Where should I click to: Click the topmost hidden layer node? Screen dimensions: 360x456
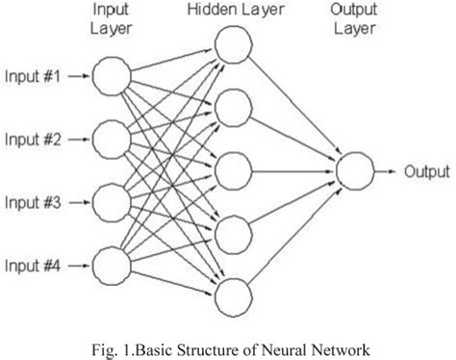click(232, 45)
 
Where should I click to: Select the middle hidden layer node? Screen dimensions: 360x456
click(232, 170)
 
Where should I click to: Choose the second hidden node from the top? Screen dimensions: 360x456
click(232, 108)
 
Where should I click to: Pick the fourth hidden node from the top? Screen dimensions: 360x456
click(232, 233)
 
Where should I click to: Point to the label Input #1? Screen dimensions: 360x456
click(35, 76)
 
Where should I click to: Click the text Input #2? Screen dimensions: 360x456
click(35, 140)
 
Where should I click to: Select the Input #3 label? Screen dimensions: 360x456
click(35, 202)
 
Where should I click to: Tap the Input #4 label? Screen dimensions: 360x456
click(35, 265)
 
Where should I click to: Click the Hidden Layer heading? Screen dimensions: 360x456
click(232, 11)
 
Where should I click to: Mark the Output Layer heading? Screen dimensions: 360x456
click(353, 19)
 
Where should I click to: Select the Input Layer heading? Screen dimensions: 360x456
click(111, 19)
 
